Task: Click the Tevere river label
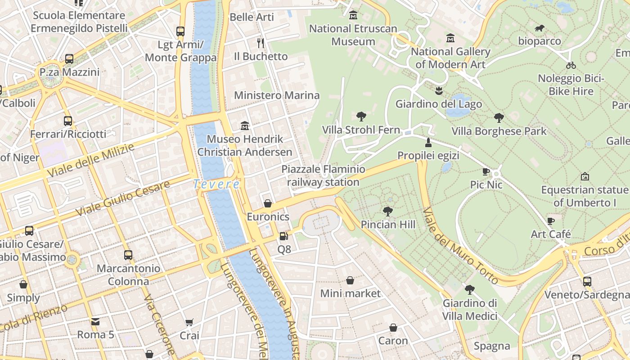216,184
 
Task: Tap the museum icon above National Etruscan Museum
353,15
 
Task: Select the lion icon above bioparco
540,28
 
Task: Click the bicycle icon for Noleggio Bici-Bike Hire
571,65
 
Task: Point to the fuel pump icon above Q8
283,236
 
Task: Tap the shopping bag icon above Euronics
268,203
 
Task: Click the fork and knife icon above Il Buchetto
260,43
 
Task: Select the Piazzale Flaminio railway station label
323,176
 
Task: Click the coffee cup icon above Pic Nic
486,171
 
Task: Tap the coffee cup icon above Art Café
550,221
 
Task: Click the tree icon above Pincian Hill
387,211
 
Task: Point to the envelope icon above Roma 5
95,321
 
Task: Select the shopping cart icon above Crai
189,322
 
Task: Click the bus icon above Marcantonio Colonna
128,255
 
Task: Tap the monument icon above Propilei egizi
428,143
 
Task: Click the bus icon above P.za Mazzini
69,59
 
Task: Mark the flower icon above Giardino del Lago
438,91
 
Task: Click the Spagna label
492,346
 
